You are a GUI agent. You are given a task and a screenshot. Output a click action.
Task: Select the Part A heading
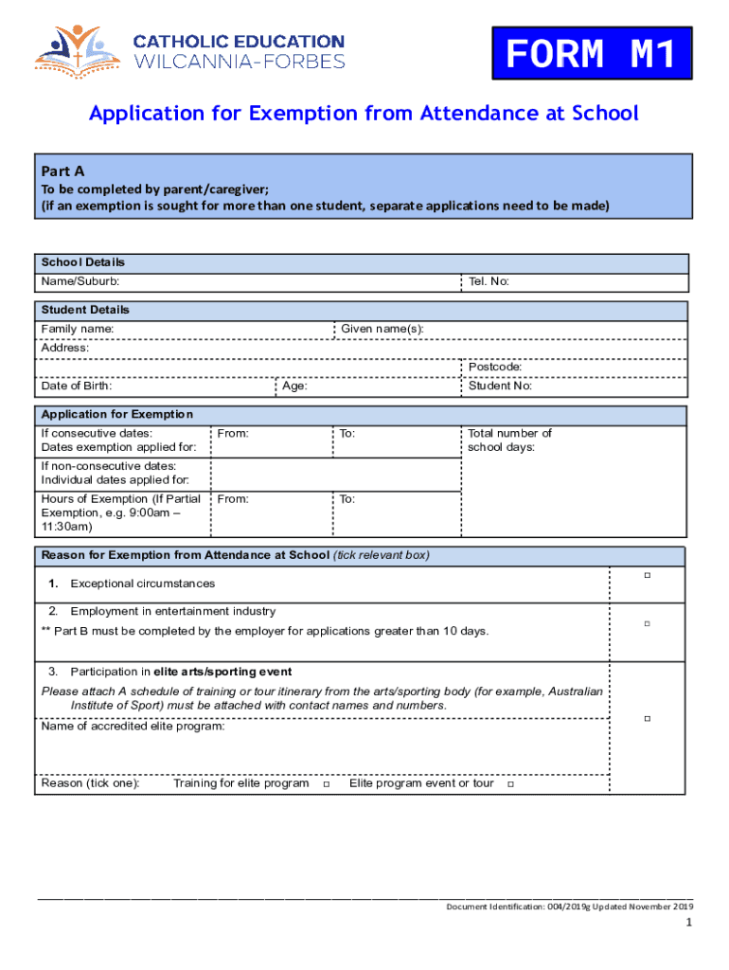pos(63,171)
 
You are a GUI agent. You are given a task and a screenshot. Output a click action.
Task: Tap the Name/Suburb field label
pos(80,281)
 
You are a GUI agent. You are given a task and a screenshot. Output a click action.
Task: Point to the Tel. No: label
pos(489,281)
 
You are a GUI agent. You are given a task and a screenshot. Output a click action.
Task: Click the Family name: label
pos(78,329)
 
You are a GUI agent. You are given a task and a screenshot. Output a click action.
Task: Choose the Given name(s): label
pos(382,329)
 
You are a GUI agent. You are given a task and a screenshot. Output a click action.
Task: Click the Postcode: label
pos(495,367)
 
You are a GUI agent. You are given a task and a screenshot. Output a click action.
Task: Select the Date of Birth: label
pos(77,386)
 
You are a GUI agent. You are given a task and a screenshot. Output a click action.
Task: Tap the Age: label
pos(294,386)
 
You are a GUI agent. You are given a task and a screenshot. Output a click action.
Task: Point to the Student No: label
pos(500,386)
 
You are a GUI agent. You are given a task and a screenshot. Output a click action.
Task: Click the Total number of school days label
pos(509,440)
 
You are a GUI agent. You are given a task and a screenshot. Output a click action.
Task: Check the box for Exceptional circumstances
pos(648,575)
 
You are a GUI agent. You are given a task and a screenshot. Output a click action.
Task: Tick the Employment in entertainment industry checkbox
pos(648,623)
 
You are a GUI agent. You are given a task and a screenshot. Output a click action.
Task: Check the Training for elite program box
pos(326,784)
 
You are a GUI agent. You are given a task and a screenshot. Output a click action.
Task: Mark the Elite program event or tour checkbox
pos(510,784)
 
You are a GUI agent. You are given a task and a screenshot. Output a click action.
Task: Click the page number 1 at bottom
pos(690,924)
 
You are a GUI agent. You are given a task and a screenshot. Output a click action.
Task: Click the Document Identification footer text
pos(569,907)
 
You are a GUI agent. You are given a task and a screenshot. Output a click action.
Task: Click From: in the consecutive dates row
pos(233,433)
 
